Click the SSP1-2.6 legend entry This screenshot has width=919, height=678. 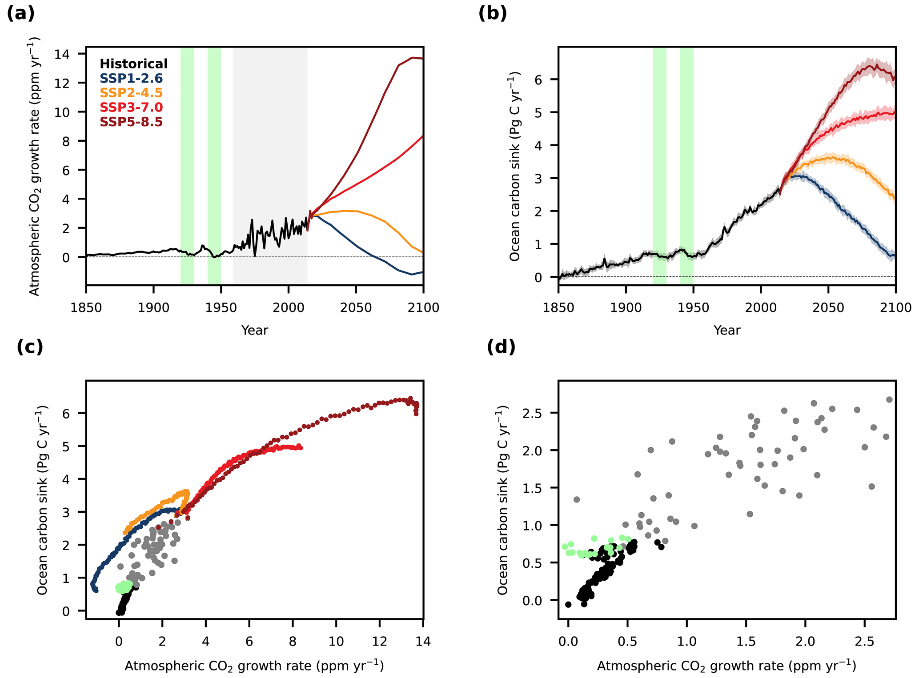pos(131,79)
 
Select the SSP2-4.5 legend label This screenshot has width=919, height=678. pos(131,93)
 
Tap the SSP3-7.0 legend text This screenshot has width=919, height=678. pos(131,107)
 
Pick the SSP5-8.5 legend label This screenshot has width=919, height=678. pos(131,122)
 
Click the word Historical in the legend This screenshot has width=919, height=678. pos(133,64)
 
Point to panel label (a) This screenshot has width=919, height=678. pos(21,14)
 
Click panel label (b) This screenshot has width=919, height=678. pos(493,14)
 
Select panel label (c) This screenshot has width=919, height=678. pos(30,347)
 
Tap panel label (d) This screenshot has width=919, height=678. pos(501,347)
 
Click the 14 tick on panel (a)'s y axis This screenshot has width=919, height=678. pos(64,54)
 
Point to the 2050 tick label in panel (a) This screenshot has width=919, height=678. pos(356,308)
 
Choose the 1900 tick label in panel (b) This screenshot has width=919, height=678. pos(626,308)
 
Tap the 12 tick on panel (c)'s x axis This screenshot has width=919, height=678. pos(379,642)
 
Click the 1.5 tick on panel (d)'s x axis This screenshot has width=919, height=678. pos(746,642)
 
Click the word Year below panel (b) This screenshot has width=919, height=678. pos(727,330)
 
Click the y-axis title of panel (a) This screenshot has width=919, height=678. pos(35,166)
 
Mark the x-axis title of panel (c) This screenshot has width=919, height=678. pos(254,666)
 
